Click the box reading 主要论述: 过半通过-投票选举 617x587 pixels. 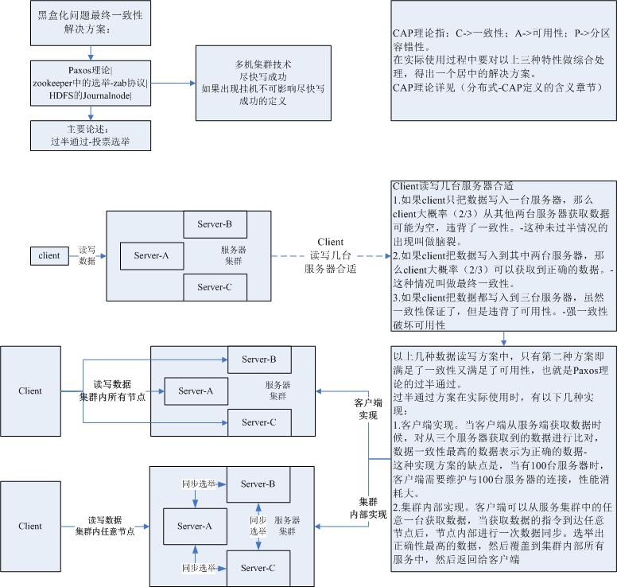(x=89, y=136)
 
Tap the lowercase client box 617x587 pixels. (x=49, y=255)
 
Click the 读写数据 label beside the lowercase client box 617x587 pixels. (x=87, y=255)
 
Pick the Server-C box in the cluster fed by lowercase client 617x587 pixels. (x=214, y=287)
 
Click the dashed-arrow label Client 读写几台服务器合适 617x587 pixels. (x=330, y=255)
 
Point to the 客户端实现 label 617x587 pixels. (x=366, y=409)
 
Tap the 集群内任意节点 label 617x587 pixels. (x=105, y=531)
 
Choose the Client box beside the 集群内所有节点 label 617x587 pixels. (x=30, y=391)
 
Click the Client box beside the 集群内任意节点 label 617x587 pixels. (x=30, y=526)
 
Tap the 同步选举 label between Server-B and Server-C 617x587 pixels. (x=258, y=526)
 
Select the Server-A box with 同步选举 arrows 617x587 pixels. (x=195, y=526)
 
